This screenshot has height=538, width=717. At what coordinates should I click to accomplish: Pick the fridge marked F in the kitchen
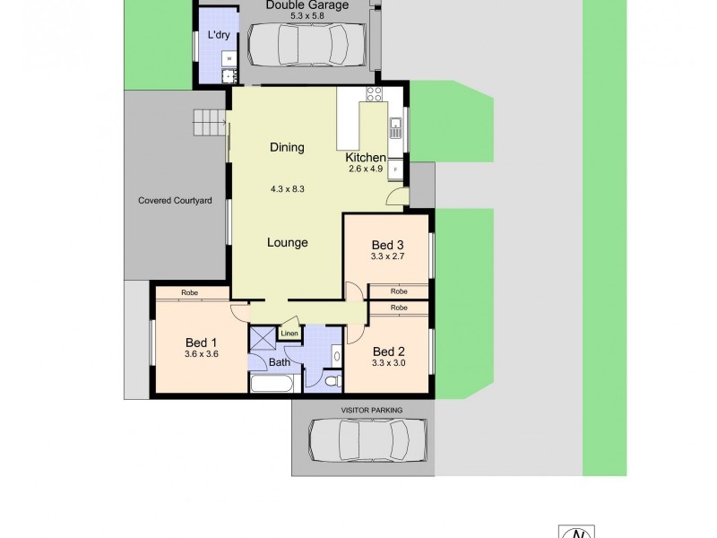tap(395, 169)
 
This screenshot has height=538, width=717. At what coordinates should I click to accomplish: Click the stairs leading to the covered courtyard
tap(210, 123)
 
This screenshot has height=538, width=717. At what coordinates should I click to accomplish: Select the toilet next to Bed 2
tap(333, 382)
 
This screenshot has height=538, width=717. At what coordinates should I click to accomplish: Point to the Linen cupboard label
tap(289, 334)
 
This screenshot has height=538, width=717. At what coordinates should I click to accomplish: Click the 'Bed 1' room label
tap(202, 342)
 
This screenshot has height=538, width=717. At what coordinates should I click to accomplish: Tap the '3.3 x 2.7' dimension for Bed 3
tap(389, 256)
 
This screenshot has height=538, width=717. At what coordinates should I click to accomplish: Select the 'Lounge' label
tap(288, 242)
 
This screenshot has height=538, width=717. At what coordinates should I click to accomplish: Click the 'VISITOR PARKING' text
tap(372, 410)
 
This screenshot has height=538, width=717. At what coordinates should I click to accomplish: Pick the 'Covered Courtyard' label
tap(175, 201)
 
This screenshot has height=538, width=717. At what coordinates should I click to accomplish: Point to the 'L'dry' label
tap(218, 35)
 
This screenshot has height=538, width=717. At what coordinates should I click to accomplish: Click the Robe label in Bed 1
tap(189, 293)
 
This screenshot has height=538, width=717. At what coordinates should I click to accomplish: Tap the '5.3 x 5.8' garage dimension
tap(305, 15)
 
